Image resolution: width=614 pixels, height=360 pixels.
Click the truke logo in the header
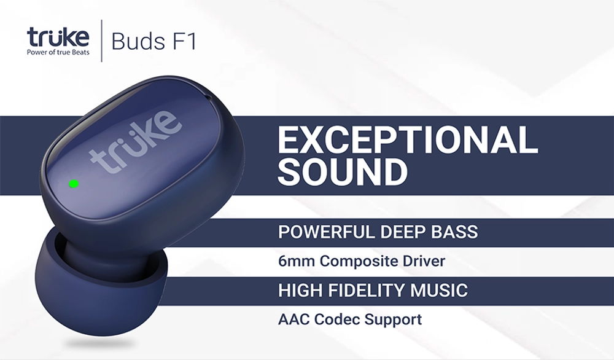[x=58, y=37]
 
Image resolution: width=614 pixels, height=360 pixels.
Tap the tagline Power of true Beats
[x=58, y=52]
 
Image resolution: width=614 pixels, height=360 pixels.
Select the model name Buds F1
[x=153, y=42]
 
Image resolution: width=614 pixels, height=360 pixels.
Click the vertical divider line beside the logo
[x=102, y=41]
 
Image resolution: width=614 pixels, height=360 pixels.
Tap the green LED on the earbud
[x=74, y=183]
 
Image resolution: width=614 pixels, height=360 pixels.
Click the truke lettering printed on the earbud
[x=136, y=142]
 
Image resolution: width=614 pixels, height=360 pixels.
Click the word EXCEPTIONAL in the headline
[x=408, y=140]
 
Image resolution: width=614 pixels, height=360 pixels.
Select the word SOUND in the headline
[x=343, y=171]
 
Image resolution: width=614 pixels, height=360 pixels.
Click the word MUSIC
[x=439, y=291]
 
